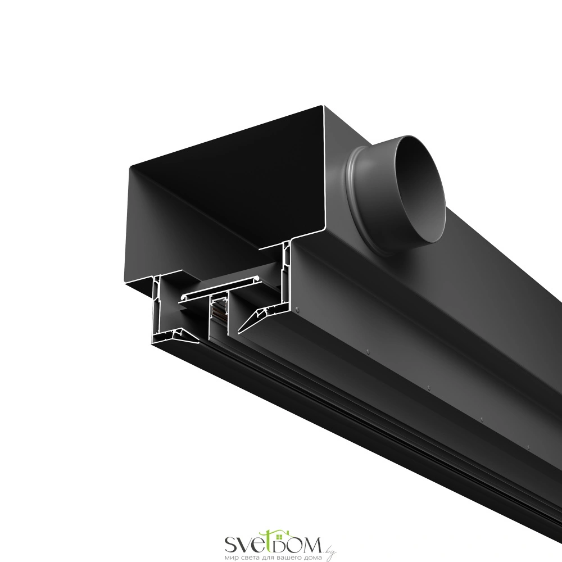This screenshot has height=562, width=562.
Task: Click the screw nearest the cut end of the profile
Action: coord(297,307)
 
